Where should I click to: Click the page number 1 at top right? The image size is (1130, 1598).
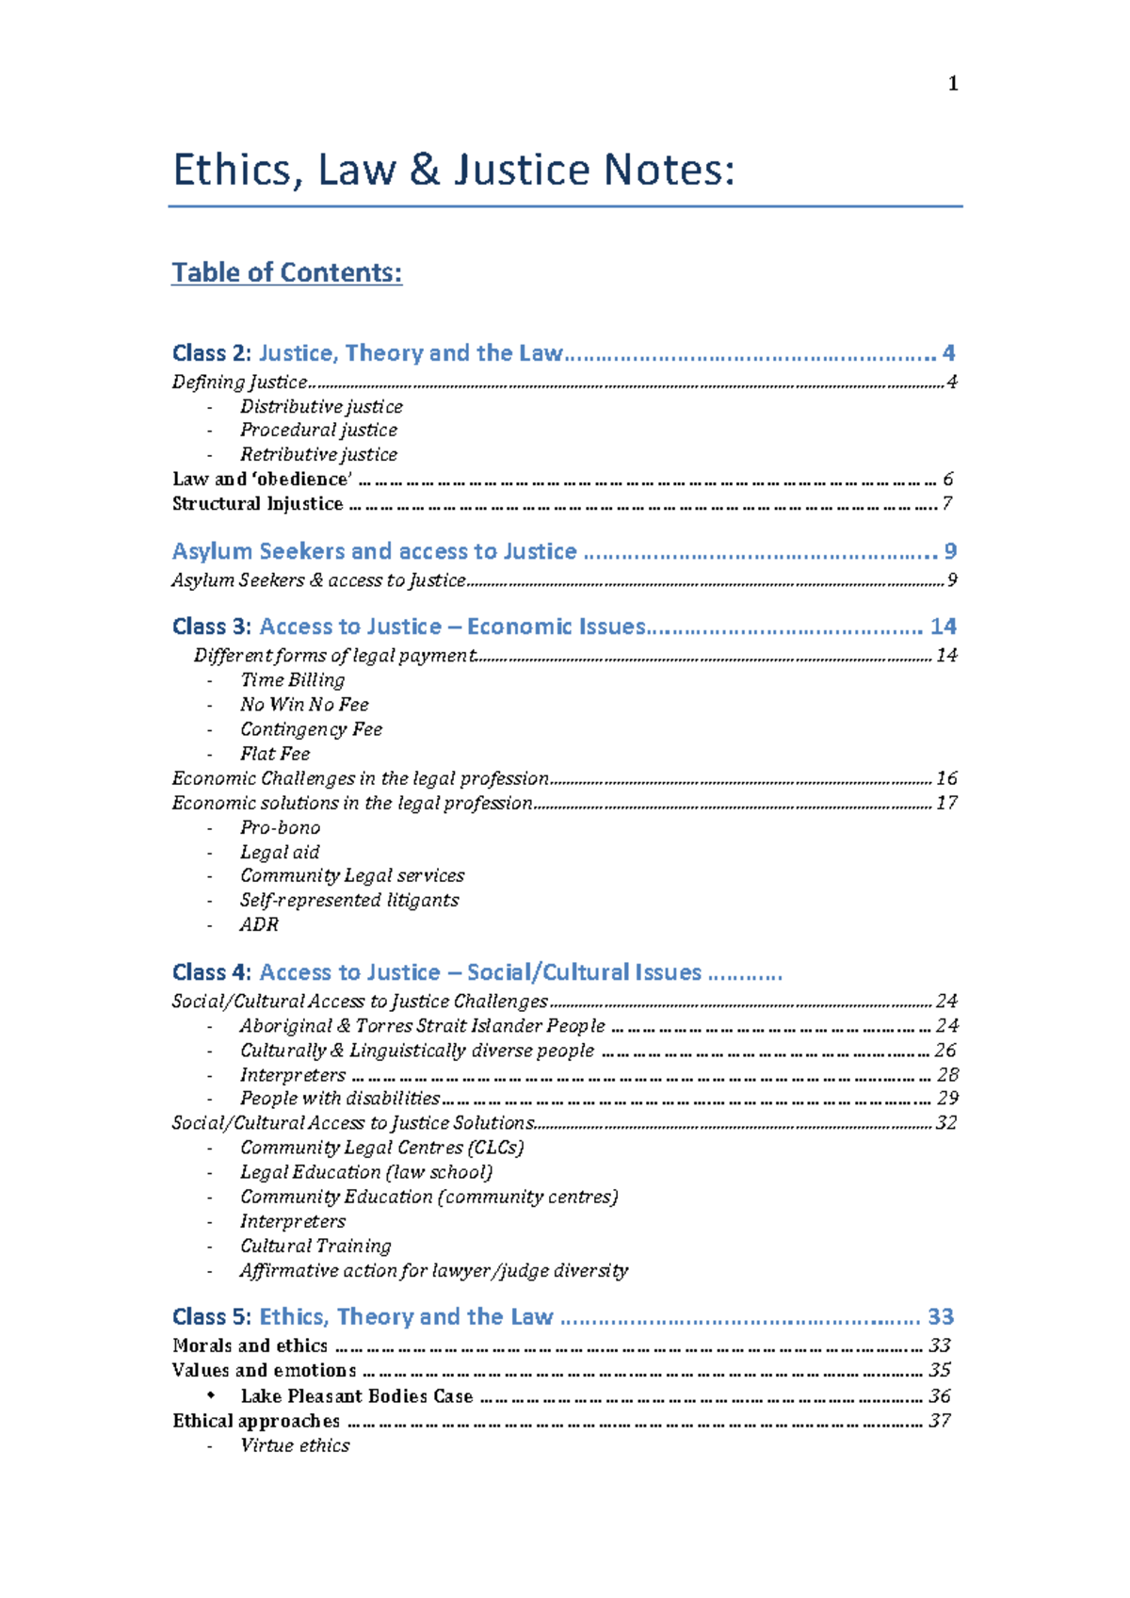[953, 84]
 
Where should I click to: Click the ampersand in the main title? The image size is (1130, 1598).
[425, 171]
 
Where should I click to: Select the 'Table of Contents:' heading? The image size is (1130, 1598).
[286, 272]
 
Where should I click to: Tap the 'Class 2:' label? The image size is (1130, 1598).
[212, 353]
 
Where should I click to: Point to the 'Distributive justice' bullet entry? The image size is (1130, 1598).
[321, 406]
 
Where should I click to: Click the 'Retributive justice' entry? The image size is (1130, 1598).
[318, 454]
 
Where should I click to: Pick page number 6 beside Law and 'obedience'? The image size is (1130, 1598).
[947, 479]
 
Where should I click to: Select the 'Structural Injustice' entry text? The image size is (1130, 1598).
[257, 503]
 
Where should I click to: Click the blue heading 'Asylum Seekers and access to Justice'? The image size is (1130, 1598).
[374, 551]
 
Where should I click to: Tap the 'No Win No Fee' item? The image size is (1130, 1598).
[304, 704]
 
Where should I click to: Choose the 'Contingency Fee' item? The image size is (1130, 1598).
[311, 729]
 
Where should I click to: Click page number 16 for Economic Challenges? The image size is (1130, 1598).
[946, 778]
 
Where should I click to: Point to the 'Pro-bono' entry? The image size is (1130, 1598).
[280, 827]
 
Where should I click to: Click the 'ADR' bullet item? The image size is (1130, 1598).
[259, 924]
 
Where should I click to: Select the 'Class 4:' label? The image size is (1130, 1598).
[212, 972]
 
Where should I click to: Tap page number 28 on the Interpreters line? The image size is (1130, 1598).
[947, 1074]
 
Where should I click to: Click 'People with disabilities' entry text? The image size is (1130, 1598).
[339, 1098]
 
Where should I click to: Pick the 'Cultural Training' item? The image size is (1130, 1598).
[315, 1246]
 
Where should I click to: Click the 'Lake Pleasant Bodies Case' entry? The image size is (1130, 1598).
[356, 1395]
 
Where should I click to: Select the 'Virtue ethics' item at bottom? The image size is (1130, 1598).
[295, 1445]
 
